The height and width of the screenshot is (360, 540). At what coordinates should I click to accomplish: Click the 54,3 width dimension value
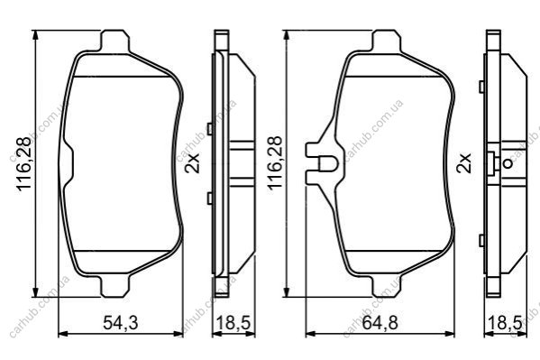[x=121, y=323]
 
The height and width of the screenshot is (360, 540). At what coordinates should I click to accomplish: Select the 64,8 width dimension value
[x=380, y=323]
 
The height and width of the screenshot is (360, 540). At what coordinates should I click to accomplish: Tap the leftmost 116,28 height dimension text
[x=24, y=163]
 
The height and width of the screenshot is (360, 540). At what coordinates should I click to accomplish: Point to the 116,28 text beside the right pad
[x=275, y=162]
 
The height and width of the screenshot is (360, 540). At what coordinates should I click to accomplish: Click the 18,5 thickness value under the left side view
[x=233, y=323]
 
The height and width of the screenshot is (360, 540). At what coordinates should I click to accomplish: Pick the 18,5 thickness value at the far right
[x=505, y=323]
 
